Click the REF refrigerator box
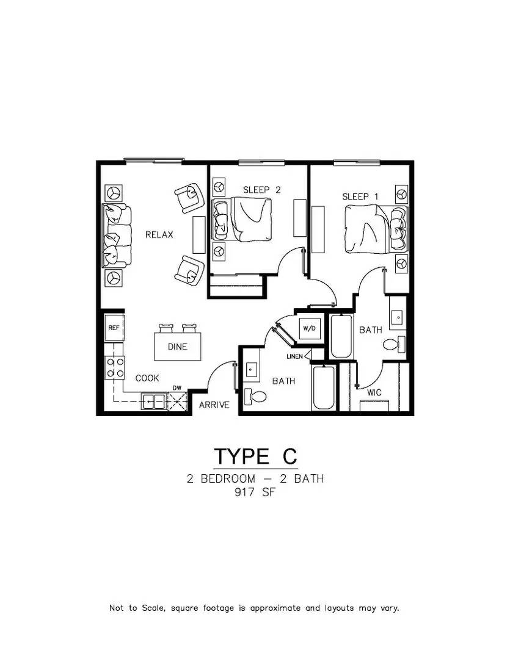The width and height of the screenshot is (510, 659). point(114,328)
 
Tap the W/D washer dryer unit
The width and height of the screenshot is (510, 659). point(308,328)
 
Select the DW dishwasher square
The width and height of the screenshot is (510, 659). point(177,402)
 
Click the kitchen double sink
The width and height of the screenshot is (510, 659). point(153,402)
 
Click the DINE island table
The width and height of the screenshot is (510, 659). point(177,347)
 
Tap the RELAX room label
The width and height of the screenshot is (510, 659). point(159,234)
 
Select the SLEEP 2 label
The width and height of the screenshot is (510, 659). point(261,190)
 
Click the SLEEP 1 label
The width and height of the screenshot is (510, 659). point(360,196)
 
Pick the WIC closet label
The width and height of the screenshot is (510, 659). point(374,392)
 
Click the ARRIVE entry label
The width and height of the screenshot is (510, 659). point(214,405)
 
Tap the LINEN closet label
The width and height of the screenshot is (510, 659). point(295,356)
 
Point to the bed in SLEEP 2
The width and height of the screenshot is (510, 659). point(244,220)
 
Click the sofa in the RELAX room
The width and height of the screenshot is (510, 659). point(116,235)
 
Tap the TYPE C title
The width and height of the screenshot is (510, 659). point(255,456)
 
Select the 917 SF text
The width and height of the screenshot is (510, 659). point(255,491)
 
